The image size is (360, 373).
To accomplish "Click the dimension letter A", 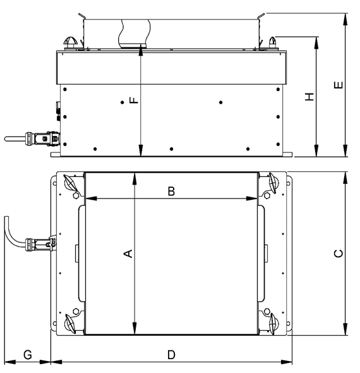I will tap(128, 254).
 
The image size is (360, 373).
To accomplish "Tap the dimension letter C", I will tap(339, 254).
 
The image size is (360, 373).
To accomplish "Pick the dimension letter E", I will tap(339, 84).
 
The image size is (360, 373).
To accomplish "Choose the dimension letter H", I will tap(309, 96).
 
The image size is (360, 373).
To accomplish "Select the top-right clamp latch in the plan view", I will tap(273, 183).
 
